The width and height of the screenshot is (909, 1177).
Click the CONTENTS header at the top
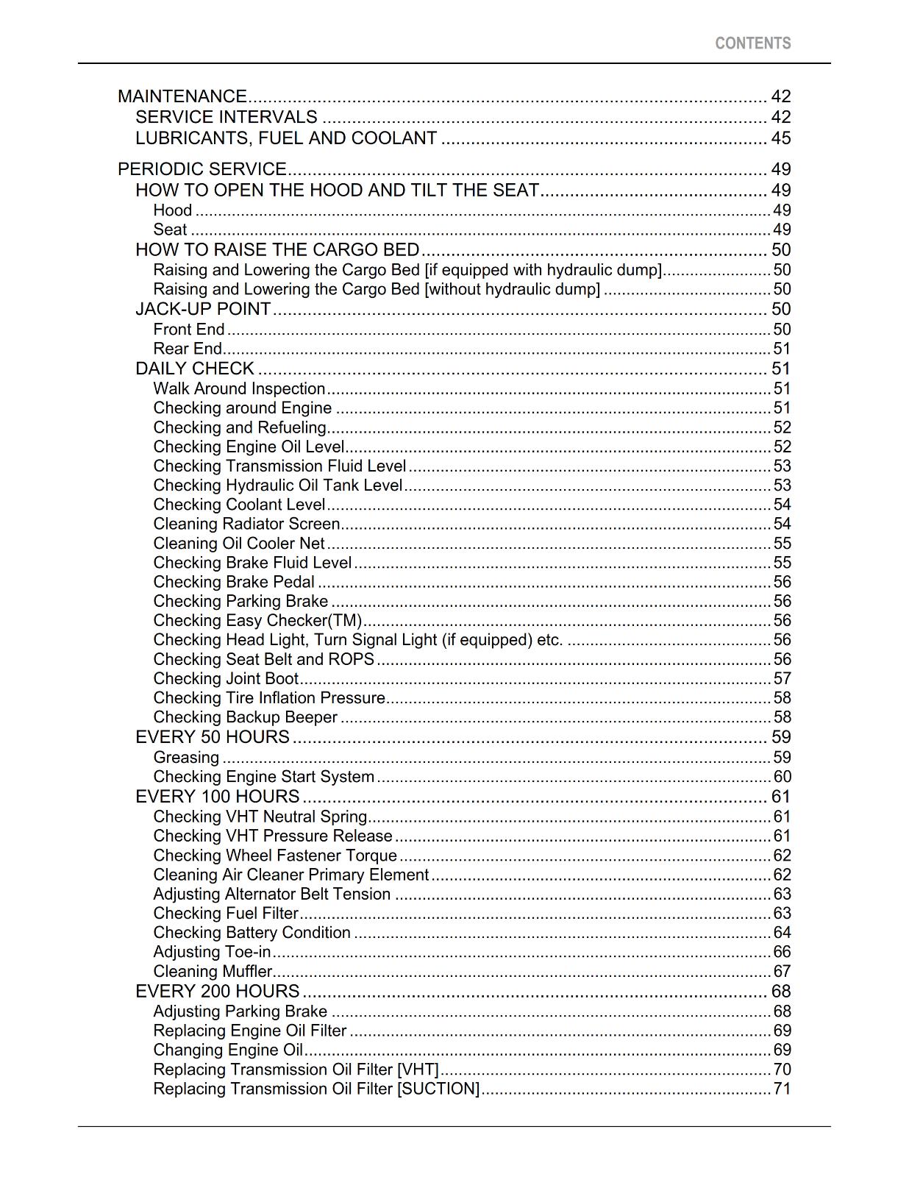(x=752, y=43)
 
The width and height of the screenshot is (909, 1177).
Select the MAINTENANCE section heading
(x=182, y=96)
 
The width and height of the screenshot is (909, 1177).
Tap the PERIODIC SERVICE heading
(x=202, y=169)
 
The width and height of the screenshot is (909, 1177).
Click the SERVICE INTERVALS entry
(x=227, y=117)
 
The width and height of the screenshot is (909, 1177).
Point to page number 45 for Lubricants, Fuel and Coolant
(x=780, y=138)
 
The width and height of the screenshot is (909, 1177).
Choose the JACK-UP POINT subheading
(x=203, y=309)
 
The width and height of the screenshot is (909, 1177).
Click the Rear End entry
(x=188, y=349)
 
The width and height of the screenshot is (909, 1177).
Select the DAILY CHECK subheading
(x=195, y=369)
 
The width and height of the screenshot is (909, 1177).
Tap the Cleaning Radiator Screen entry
(x=246, y=524)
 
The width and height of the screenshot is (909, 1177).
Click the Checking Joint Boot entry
(x=226, y=678)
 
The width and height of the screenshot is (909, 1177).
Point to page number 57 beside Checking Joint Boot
(x=782, y=678)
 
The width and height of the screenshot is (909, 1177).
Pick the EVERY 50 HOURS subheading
(x=213, y=737)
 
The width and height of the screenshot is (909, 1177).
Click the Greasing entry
(x=186, y=758)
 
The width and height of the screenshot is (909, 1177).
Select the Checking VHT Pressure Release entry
(x=273, y=836)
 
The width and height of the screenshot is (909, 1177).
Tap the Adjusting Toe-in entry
(x=212, y=952)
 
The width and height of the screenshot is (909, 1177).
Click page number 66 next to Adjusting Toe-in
(x=782, y=952)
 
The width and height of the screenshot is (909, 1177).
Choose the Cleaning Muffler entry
(x=213, y=971)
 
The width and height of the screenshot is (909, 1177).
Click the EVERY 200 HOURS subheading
(x=218, y=992)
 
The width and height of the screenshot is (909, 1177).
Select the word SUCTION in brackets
(x=438, y=1089)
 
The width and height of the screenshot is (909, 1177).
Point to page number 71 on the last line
(x=782, y=1089)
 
